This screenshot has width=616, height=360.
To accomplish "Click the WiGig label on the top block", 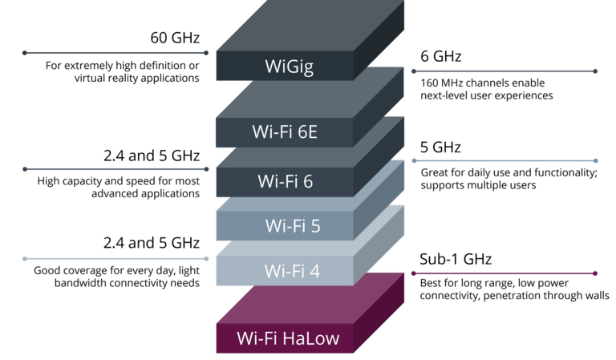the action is [x=289, y=67].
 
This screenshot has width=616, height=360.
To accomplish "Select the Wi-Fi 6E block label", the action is [x=285, y=132].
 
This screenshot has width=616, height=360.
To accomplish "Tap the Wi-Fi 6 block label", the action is [x=286, y=181].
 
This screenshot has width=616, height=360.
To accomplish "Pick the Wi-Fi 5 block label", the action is [x=293, y=226].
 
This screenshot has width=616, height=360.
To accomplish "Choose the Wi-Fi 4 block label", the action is [x=292, y=271].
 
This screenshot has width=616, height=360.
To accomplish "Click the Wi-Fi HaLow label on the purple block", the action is [x=288, y=338].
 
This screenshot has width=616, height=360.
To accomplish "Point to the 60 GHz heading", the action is [x=175, y=38].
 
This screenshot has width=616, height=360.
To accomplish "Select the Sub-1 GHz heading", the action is [x=456, y=259].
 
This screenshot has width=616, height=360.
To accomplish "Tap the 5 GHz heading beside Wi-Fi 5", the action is [x=440, y=148].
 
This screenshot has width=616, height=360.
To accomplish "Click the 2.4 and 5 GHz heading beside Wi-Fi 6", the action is [x=152, y=156].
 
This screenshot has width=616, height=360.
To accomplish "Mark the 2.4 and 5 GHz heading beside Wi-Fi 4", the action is [x=152, y=243].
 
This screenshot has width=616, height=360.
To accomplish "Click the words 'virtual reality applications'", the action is [x=136, y=78].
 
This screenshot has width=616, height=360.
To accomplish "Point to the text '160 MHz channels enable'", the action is [x=482, y=83].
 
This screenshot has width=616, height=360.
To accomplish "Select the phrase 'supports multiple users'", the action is [x=478, y=185].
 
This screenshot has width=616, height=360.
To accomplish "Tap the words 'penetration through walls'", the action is [x=546, y=295].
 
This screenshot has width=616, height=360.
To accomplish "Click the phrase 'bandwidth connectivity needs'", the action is [x=127, y=283].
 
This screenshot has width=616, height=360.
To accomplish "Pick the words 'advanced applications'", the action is [x=145, y=193].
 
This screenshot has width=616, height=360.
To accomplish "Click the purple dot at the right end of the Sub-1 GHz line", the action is [x=595, y=273].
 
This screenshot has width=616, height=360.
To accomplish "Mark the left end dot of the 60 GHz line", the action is [x=25, y=53].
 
